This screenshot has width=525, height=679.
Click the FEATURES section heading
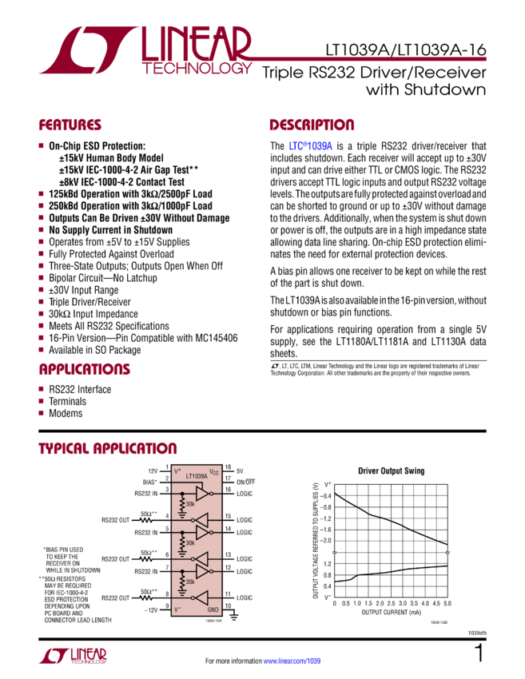(70, 125)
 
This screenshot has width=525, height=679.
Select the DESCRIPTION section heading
(312, 125)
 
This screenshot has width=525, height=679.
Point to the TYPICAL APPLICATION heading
(108, 448)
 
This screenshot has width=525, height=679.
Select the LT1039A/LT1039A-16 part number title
(406, 50)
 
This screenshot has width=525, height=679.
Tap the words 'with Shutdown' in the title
(425, 90)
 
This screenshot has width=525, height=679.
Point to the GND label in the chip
(212, 610)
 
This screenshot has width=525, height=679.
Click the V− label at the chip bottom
(178, 610)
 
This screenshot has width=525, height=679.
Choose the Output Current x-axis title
(390, 613)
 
